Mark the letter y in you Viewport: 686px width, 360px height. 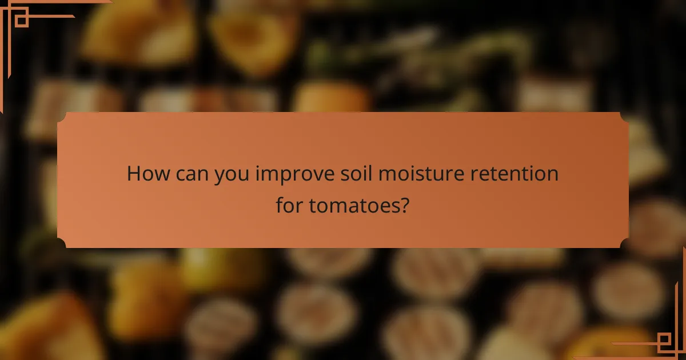[220, 176]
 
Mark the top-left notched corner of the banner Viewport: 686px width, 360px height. [62, 117]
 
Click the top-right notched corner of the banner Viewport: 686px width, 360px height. [624, 117]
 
